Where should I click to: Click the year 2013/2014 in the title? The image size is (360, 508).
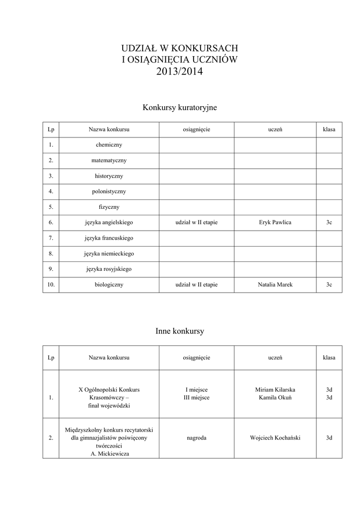(180, 72)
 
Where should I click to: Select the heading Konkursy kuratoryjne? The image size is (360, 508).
(180, 107)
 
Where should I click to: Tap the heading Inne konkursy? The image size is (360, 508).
(180, 331)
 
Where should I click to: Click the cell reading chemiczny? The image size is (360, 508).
(109, 145)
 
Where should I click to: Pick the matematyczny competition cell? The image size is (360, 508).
(109, 160)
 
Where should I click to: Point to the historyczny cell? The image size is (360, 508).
(109, 176)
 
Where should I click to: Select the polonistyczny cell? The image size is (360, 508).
(109, 191)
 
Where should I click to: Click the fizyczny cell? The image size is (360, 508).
(109, 207)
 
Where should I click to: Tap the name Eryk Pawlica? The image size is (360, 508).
(275, 222)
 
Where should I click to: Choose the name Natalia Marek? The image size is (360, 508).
(275, 285)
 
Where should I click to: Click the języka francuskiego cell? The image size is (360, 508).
(109, 238)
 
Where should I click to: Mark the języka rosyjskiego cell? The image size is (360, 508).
(109, 269)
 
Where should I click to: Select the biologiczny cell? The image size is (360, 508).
(109, 285)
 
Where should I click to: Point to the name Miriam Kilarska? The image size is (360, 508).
(275, 389)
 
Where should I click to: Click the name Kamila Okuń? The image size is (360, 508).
(275, 397)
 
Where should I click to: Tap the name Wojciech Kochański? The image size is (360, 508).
(275, 438)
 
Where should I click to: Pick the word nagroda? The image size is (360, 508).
(197, 438)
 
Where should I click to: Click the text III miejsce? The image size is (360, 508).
(197, 397)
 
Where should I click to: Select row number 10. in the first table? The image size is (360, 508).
(51, 285)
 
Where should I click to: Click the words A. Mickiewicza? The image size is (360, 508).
(109, 453)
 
